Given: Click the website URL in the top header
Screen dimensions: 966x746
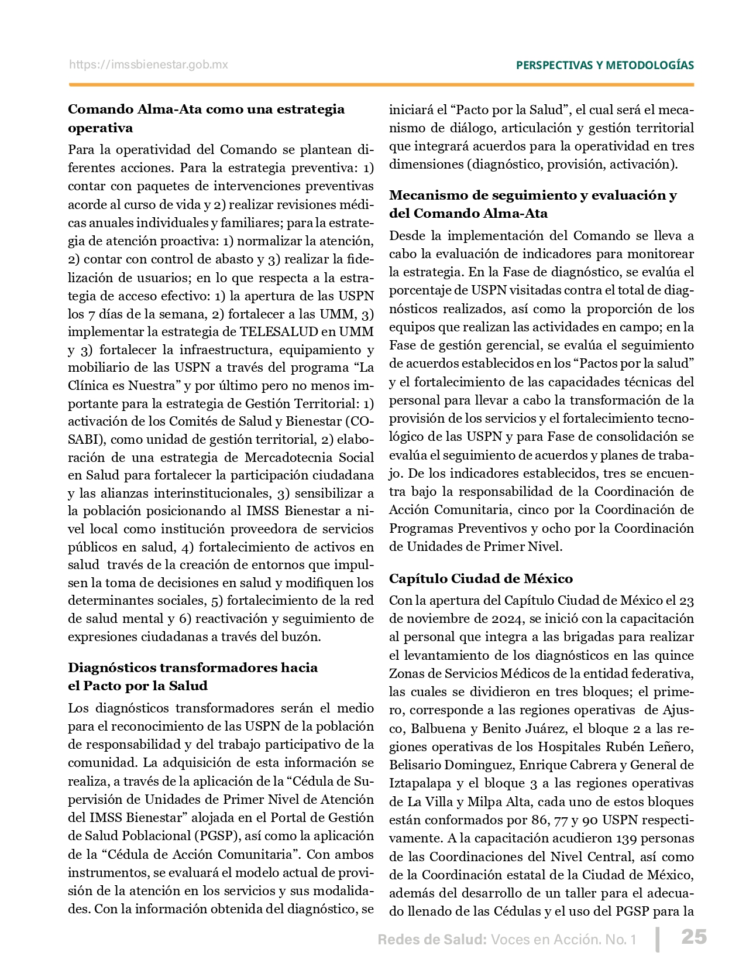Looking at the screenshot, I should (x=149, y=65).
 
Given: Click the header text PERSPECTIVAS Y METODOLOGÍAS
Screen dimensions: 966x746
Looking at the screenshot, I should (x=604, y=65).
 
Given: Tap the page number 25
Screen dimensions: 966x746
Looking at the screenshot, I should (x=694, y=937).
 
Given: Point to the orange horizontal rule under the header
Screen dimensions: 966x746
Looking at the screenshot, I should (x=381, y=85).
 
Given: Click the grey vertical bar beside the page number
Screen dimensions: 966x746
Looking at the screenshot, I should (x=658, y=938).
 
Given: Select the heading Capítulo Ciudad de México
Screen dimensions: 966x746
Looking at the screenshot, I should (x=480, y=578).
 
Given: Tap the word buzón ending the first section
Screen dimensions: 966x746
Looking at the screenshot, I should (x=304, y=636).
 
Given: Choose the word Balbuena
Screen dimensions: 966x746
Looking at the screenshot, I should (x=435, y=728).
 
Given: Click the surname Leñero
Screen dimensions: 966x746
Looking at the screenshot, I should (x=672, y=746).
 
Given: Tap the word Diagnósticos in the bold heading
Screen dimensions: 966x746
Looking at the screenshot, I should (x=112, y=667).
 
